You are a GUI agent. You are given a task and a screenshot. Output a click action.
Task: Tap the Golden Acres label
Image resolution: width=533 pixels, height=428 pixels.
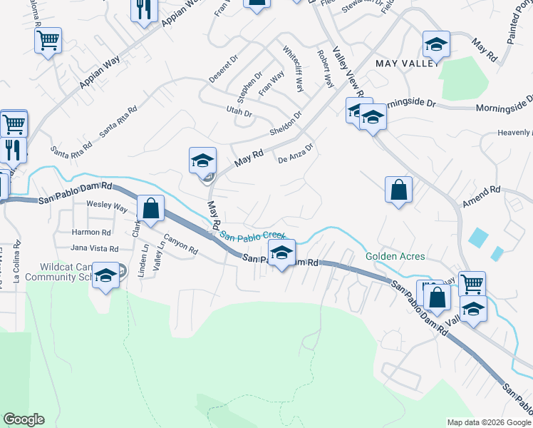(x=395, y=256)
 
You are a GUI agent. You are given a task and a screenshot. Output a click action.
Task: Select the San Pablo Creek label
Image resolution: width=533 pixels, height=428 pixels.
(x=252, y=236)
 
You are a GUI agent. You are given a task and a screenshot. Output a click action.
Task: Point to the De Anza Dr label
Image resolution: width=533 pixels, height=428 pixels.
(x=296, y=154)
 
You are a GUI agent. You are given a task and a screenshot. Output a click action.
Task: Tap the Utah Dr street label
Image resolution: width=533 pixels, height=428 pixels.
(x=239, y=113)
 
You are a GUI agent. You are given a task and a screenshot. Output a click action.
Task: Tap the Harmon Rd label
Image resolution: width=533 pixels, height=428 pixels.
(x=91, y=233)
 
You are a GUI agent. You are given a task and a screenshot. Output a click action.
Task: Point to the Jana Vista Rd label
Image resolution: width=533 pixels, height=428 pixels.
(x=94, y=248)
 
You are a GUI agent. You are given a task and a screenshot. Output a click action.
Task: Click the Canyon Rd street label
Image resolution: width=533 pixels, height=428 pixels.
(x=180, y=245)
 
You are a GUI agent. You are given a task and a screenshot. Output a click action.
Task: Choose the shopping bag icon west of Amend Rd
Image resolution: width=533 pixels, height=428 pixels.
(x=398, y=190)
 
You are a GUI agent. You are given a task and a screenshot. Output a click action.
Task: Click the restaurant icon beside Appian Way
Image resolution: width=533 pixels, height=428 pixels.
(x=144, y=10)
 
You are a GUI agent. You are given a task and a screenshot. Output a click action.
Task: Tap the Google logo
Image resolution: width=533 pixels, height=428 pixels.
(x=24, y=419)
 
